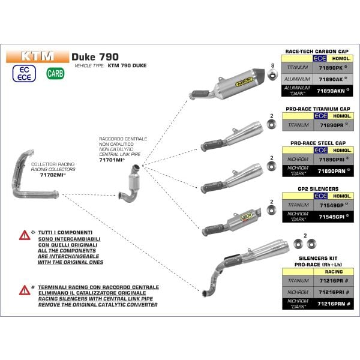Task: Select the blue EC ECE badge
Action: (x=25, y=74)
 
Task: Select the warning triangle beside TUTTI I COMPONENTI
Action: (x=24, y=234)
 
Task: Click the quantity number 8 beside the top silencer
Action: (x=272, y=65)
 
